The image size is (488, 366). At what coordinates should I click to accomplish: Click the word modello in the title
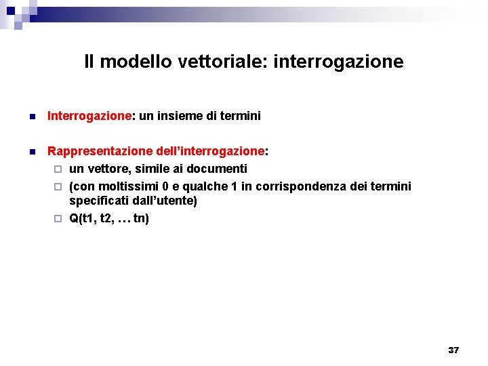pos(135,62)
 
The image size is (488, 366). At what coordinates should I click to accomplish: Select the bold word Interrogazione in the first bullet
pos(89,117)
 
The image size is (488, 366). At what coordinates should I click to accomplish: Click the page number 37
pos(453,350)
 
